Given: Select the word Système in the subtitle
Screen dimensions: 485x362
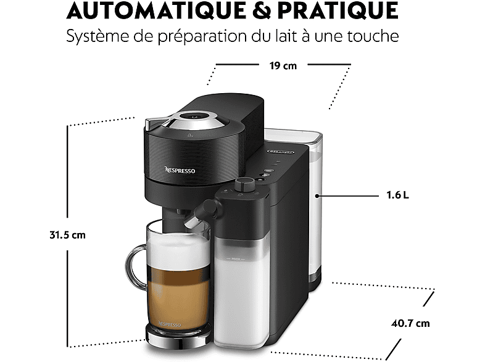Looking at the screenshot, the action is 97,37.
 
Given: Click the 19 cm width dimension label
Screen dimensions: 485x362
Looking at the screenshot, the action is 283,65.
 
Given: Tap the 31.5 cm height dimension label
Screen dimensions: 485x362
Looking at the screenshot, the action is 67,235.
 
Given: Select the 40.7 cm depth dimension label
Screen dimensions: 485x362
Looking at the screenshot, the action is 410,323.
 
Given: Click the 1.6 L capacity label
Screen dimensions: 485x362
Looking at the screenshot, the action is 397,195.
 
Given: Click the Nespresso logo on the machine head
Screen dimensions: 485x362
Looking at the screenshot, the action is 180,170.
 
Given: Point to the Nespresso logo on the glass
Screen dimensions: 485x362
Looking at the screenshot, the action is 170,324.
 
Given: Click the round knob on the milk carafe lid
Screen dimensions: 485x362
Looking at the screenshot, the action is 244,184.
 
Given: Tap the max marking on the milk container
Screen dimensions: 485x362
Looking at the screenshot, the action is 236,259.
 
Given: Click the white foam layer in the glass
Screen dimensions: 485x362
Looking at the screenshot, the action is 179,250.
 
